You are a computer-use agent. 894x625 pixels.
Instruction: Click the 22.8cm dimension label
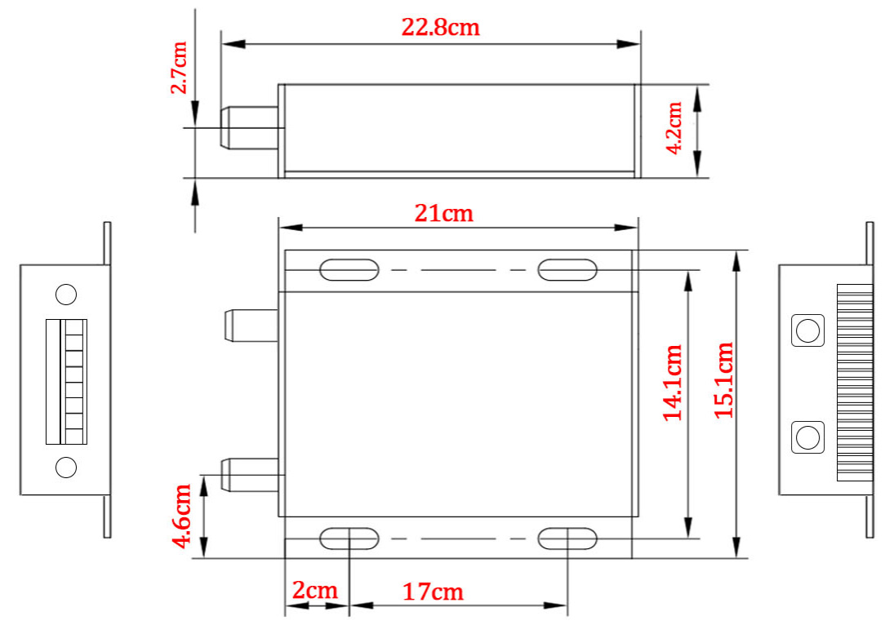[440, 27]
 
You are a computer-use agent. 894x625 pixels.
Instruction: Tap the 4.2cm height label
[674, 128]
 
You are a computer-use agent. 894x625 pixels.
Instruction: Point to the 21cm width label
[444, 213]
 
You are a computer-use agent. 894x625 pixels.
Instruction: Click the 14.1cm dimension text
[673, 382]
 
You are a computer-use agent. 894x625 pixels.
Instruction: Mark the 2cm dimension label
[315, 591]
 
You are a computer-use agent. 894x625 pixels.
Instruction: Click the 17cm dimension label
[433, 592]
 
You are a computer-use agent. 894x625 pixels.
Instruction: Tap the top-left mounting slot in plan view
[349, 270]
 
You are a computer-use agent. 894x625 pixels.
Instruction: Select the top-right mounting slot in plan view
[567, 270]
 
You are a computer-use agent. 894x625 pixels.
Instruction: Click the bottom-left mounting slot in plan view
[349, 539]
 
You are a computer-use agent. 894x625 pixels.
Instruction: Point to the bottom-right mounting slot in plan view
[567, 539]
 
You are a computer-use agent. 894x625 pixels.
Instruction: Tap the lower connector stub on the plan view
[251, 475]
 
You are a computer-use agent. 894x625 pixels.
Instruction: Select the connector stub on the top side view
[249, 128]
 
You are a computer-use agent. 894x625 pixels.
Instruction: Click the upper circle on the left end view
[65, 294]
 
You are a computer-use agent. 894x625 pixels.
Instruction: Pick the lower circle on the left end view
[65, 468]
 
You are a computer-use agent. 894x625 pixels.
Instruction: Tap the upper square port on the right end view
[807, 330]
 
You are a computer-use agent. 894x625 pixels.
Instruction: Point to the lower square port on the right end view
[807, 437]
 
